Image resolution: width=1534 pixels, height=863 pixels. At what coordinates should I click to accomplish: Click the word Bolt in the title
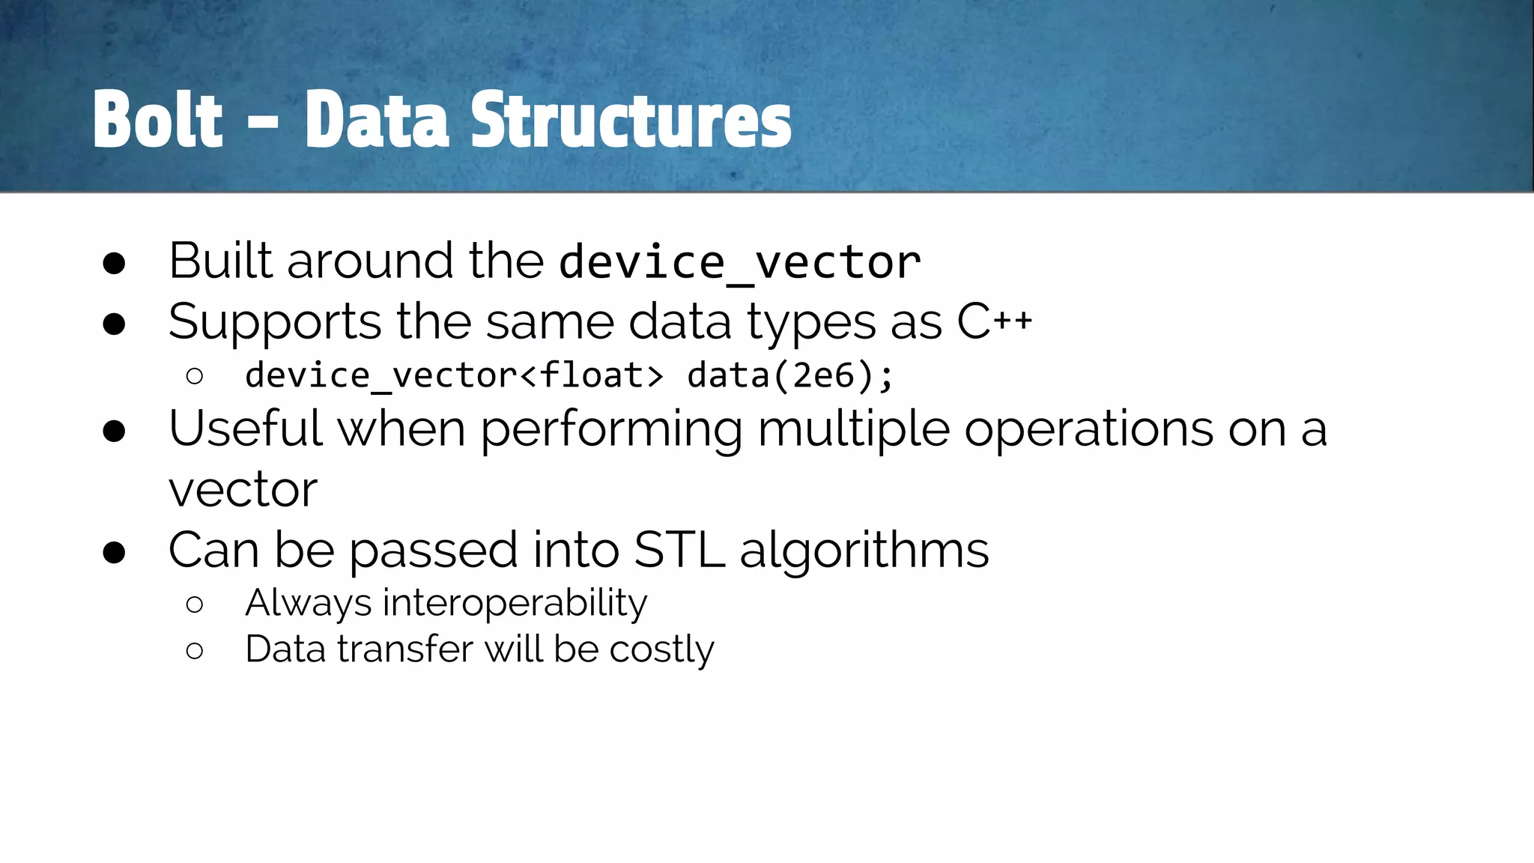158,120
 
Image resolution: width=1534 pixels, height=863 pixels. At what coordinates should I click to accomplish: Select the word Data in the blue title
377,120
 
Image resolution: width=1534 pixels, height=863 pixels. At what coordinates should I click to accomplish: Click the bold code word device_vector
740,262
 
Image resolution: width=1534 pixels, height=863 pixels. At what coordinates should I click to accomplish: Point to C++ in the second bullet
994,322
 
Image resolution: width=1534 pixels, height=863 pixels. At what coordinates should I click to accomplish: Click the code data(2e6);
790,375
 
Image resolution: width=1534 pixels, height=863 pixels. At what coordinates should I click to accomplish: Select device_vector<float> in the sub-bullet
454,375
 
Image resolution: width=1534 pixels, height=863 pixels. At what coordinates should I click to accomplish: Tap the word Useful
246,429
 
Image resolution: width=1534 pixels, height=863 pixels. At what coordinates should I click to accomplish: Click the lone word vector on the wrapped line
243,490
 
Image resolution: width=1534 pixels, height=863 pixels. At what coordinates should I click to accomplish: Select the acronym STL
679,550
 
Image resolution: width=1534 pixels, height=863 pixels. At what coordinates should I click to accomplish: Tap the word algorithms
864,551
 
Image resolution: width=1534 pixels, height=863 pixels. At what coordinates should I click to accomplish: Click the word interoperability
515,603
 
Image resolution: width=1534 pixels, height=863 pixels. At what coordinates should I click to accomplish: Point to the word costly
661,649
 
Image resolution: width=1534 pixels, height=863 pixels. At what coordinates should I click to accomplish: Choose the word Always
308,603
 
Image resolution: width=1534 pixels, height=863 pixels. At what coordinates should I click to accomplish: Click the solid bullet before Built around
114,263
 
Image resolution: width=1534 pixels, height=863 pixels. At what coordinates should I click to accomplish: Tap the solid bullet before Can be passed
114,552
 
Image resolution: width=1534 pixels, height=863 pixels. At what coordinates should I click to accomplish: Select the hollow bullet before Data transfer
194,650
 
